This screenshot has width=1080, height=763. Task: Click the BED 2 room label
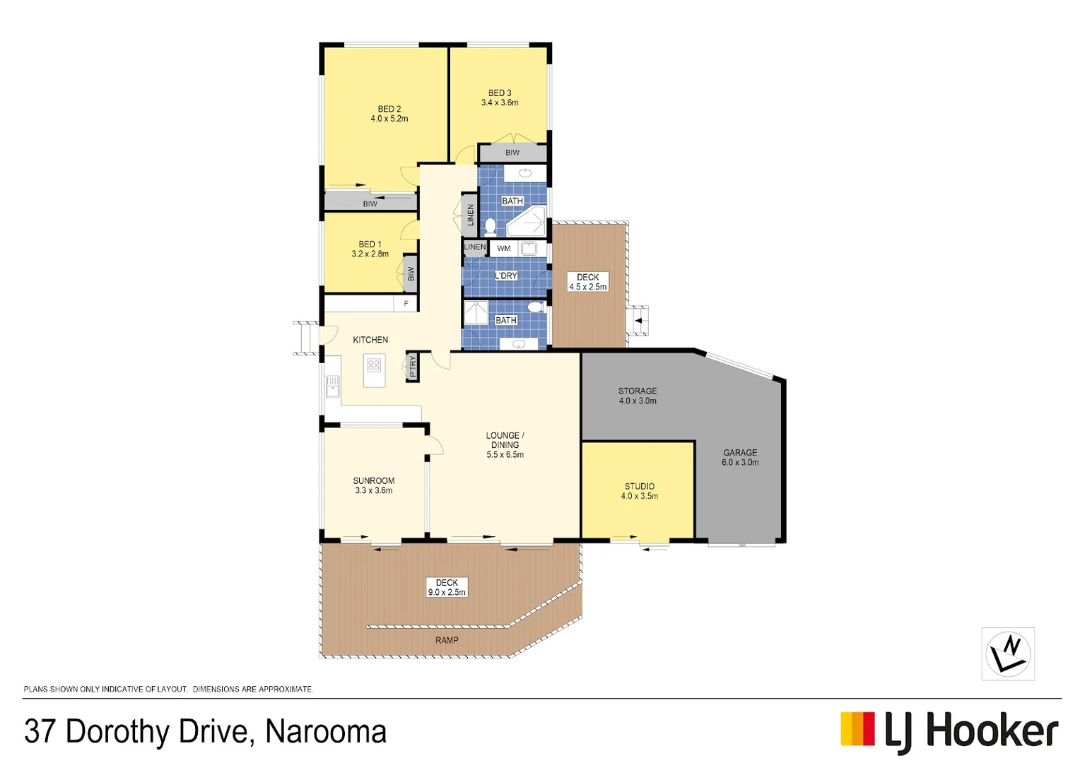coord(389,109)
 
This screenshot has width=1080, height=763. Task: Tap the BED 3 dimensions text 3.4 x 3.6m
coord(500,103)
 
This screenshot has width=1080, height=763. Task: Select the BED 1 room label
coord(370,244)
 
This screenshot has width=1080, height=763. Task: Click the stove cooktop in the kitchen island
coord(374,365)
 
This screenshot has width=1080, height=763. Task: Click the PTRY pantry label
coord(413,367)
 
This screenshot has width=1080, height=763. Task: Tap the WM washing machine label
coord(504,249)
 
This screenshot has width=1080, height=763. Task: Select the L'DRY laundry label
coord(505,276)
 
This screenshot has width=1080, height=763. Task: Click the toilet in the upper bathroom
coord(491,226)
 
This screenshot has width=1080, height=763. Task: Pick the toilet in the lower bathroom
coord(535,307)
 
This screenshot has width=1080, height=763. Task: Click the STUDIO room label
coord(640,486)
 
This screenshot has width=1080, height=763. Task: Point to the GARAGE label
coord(740,453)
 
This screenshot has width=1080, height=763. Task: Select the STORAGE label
coord(638,391)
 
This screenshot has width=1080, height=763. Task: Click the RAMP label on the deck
coord(447,640)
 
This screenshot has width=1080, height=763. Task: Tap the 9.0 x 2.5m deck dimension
coord(447,593)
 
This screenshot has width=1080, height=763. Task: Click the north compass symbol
coord(1008,653)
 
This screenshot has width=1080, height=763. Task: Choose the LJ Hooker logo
coord(949,731)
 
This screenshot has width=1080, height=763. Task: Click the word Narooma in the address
coord(326,732)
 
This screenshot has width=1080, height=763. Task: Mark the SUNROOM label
coord(374,481)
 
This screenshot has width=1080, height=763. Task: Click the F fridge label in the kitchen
coord(406,304)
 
